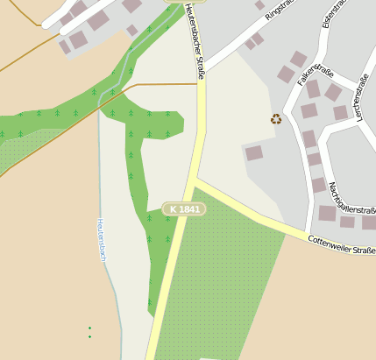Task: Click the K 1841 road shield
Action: pos(183,209)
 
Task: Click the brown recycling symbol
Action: pos(276,119)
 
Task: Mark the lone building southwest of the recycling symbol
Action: pos(253,152)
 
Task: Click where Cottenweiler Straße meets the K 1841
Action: pos(195,185)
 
